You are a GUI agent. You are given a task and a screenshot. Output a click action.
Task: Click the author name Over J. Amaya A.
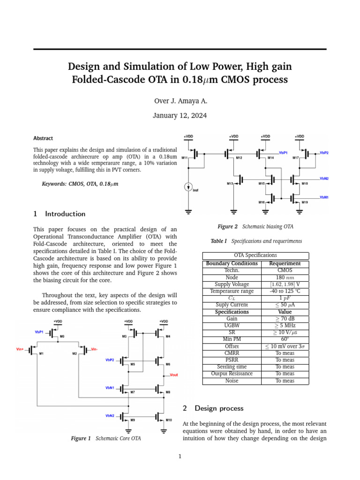coord(180,101)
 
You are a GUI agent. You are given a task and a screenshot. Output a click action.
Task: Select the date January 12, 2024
coord(180,115)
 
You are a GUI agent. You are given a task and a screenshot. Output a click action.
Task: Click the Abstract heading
coord(43,138)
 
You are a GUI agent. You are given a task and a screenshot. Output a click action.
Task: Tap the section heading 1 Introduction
coord(60,214)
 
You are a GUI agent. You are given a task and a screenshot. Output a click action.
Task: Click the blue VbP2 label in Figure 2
coord(324,153)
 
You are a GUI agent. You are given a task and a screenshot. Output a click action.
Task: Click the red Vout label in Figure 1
coord(173,375)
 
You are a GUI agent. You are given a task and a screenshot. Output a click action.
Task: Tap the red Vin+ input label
coord(20,349)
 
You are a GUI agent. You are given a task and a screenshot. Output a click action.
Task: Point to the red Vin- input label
coord(94,349)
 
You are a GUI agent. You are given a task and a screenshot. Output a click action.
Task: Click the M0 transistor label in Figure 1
coord(62,337)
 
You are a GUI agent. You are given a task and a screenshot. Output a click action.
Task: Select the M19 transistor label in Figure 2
coord(305,202)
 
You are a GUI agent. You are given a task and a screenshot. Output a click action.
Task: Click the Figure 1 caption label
coord(81,438)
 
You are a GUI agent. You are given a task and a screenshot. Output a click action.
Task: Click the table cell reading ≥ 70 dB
coord(285,318)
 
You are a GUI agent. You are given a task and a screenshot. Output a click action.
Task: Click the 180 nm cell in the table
coord(285,277)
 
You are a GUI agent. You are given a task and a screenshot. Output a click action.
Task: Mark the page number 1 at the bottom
coord(180,456)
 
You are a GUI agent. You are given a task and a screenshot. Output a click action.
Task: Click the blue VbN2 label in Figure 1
coord(111,415)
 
